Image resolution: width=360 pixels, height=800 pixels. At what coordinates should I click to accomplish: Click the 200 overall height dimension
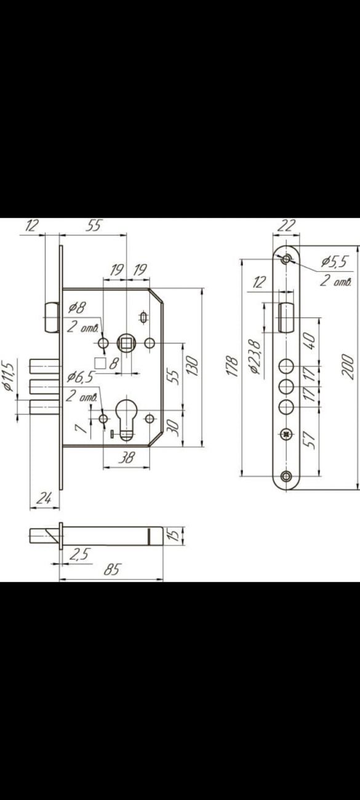pyautogui.click(x=348, y=367)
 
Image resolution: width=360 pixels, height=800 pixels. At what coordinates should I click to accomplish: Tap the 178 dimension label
pyautogui.click(x=233, y=366)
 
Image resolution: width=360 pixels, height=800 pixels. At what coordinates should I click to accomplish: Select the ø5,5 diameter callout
pyautogui.click(x=335, y=262)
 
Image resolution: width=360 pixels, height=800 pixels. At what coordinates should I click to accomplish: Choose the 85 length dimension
pyautogui.click(x=112, y=569)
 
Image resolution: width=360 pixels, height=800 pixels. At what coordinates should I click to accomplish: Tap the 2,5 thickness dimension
pyautogui.click(x=80, y=554)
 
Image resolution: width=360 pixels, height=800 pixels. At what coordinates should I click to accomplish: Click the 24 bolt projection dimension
pyautogui.click(x=44, y=498)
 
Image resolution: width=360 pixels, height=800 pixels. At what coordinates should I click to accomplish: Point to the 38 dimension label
pyautogui.click(x=126, y=457)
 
